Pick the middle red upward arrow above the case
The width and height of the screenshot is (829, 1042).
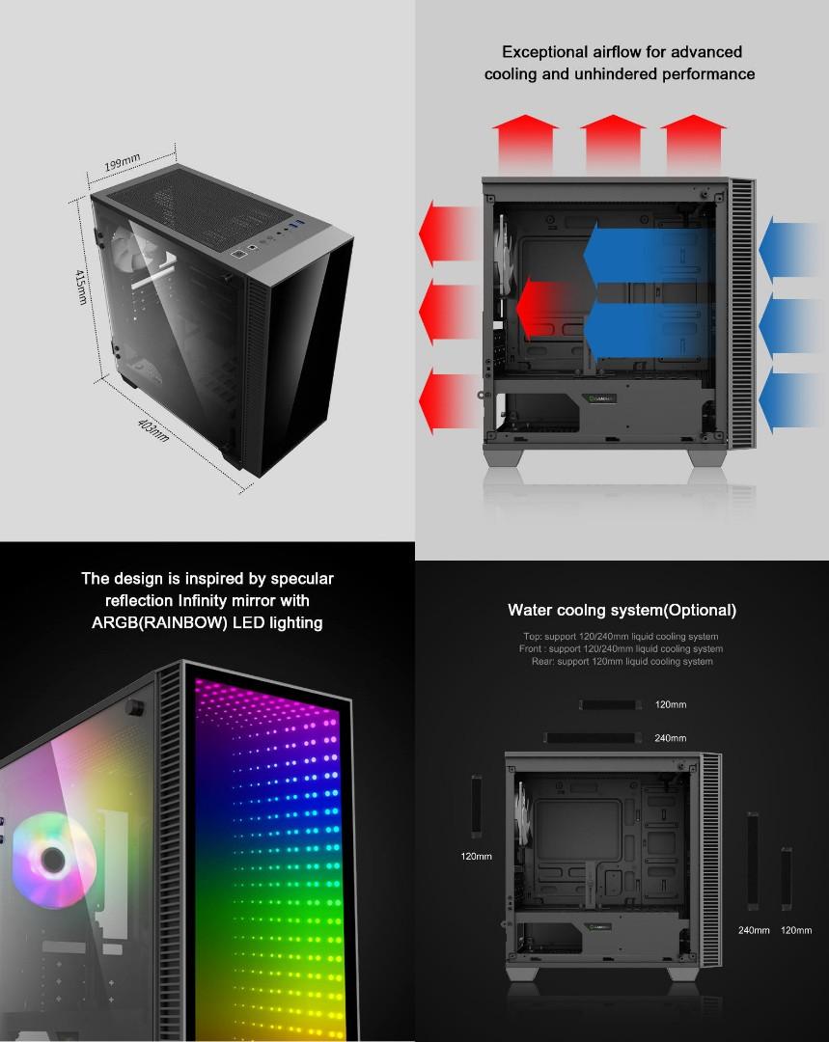pos(613,140)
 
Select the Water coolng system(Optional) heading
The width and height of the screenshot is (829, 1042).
pos(622,610)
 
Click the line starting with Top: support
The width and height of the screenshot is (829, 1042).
pos(621,637)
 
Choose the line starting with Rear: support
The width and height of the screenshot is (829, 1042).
pos(622,662)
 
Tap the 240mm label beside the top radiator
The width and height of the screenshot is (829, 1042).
pos(671,738)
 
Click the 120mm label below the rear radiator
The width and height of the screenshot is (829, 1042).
pos(476,856)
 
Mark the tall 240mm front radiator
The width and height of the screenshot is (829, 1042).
pos(752,862)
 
